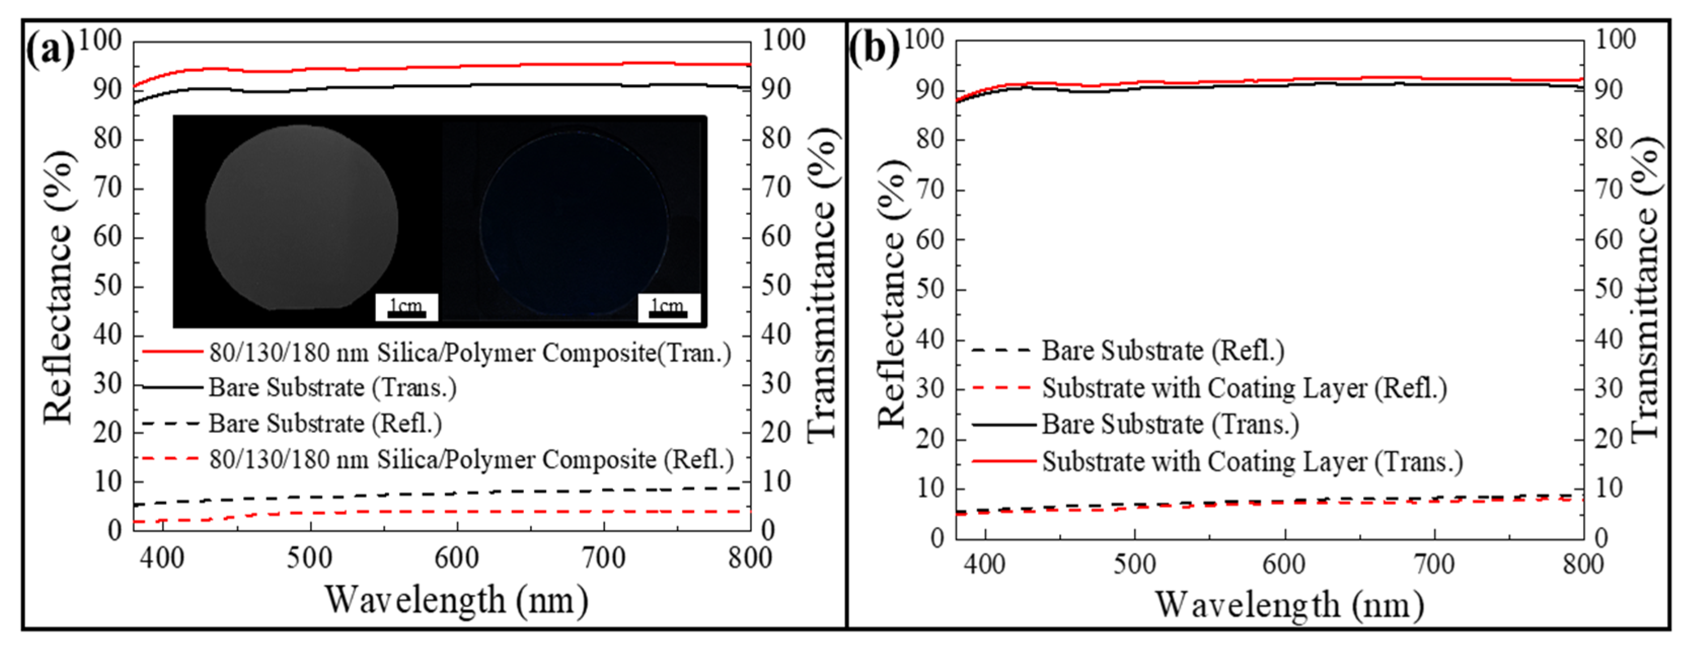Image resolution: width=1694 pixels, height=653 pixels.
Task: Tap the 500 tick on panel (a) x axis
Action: click(309, 558)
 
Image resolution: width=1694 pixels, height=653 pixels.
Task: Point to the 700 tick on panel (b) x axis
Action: click(1434, 564)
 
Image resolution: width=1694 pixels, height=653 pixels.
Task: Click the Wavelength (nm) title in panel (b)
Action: click(1289, 605)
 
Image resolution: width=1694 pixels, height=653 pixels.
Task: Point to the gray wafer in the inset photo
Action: click(301, 217)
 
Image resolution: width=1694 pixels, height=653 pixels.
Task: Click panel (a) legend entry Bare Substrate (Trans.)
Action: click(332, 388)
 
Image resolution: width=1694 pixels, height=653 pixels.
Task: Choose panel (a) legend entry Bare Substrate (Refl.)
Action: click(325, 424)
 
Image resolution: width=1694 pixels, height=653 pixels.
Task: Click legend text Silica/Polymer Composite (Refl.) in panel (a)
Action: click(471, 459)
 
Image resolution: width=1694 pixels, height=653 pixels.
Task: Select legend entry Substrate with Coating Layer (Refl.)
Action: click(1244, 388)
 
